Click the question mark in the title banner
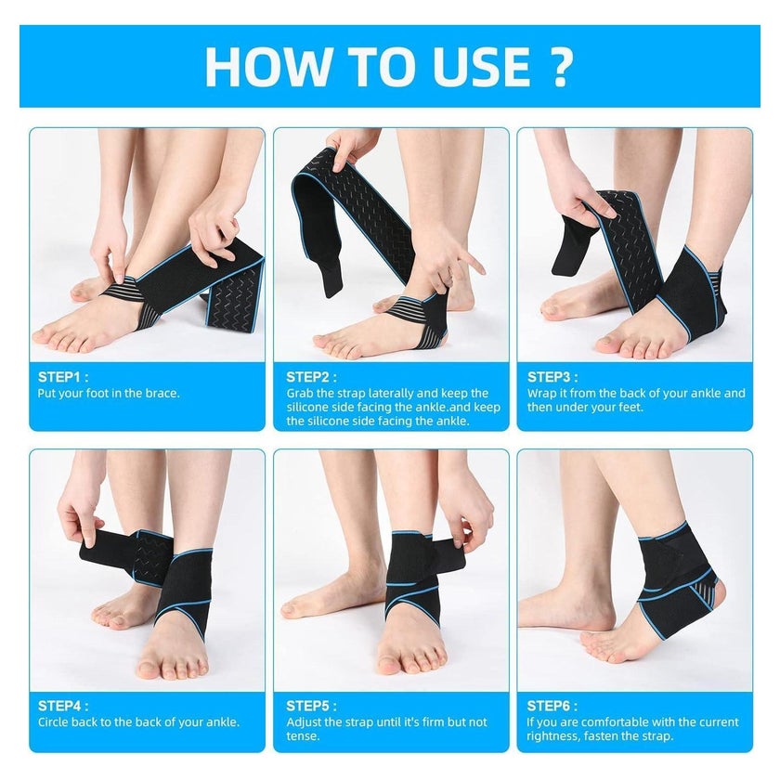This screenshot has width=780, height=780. (x=561, y=67)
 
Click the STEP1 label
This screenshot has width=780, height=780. (x=63, y=377)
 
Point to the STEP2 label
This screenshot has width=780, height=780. (x=311, y=377)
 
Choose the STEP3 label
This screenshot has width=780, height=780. (x=552, y=377)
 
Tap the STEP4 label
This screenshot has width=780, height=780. (x=63, y=706)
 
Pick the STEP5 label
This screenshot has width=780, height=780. (x=311, y=706)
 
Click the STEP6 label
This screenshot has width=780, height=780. (x=552, y=706)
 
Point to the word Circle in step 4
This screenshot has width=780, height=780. (x=53, y=721)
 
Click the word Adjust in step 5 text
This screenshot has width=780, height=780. (x=303, y=722)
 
